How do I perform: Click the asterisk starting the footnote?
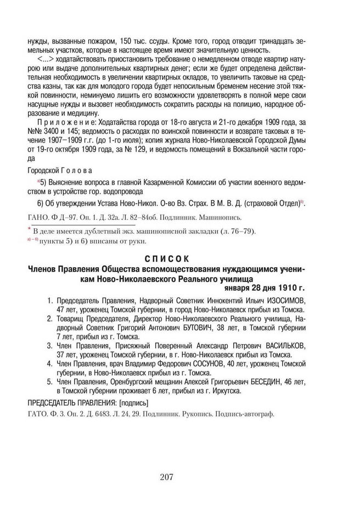[29, 229]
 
